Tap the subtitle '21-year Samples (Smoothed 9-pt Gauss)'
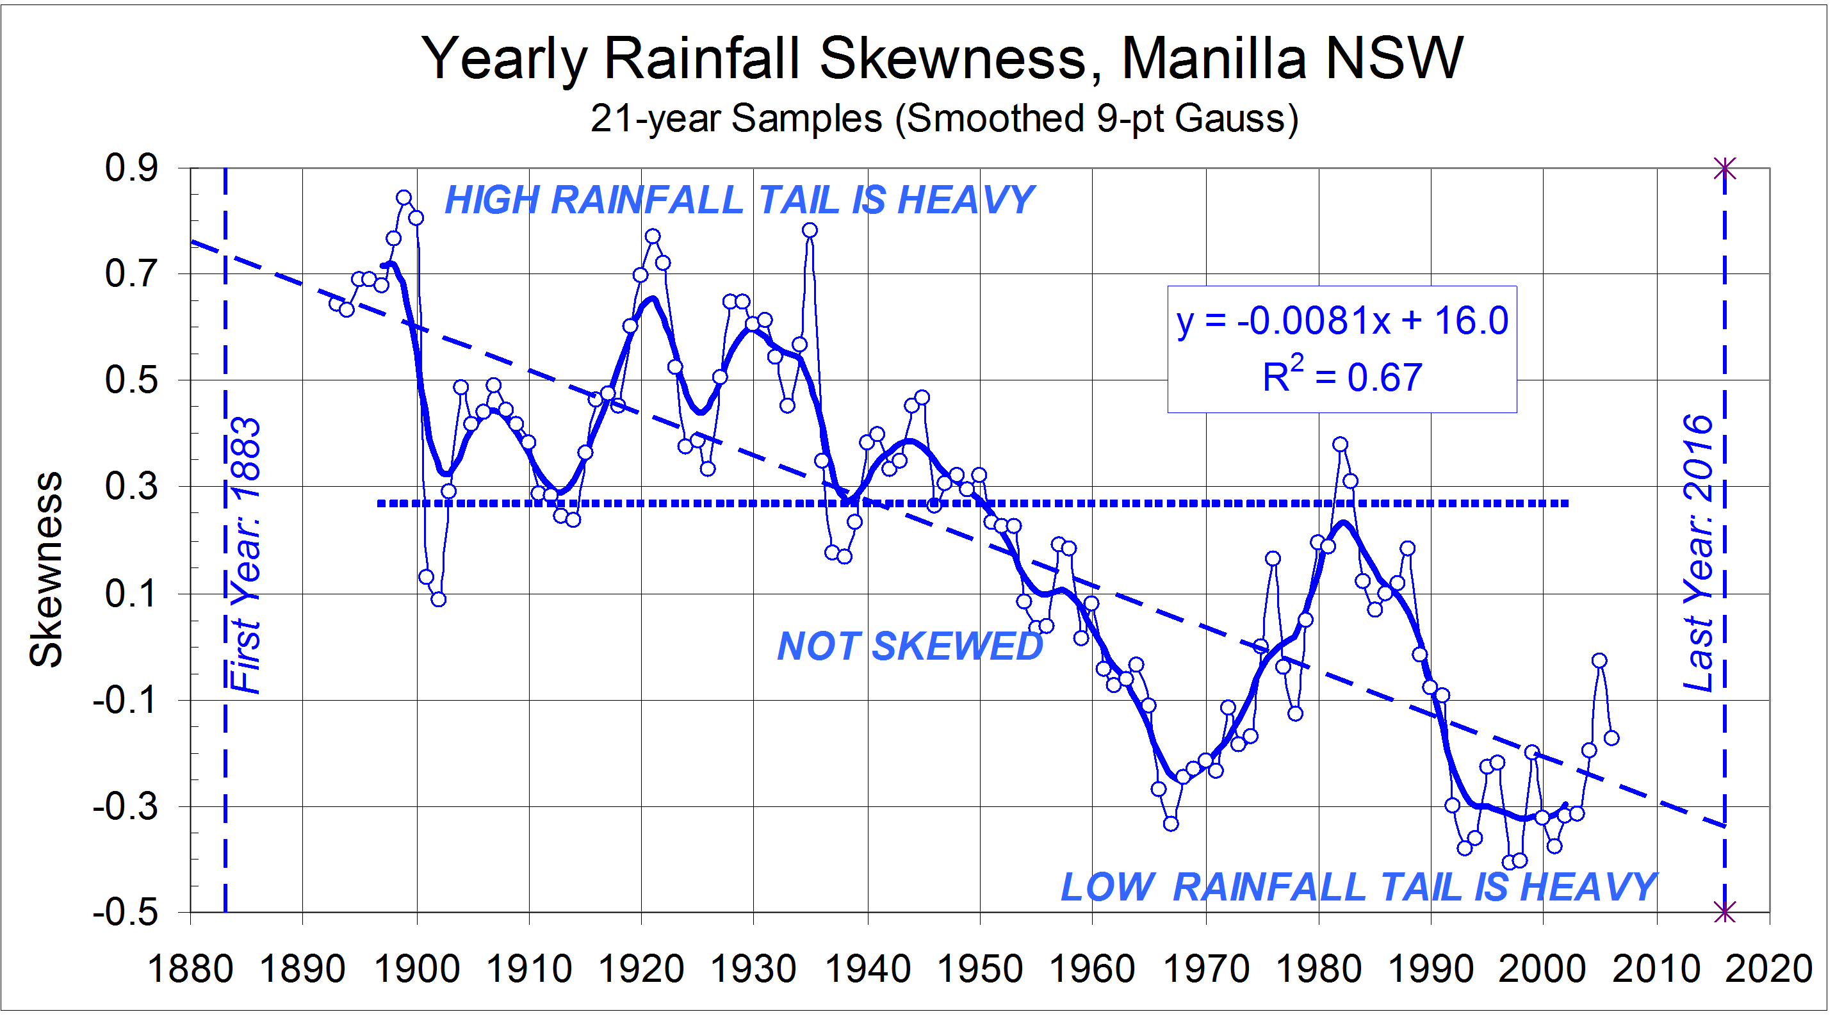pyautogui.click(x=944, y=118)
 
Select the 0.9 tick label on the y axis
pyautogui.click(x=132, y=168)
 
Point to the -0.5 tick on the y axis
pyautogui.click(x=126, y=912)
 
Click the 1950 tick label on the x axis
pyautogui.click(x=979, y=969)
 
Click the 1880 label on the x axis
pyautogui.click(x=190, y=969)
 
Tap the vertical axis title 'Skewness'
pyautogui.click(x=46, y=569)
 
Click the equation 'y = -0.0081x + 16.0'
pyautogui.click(x=1342, y=320)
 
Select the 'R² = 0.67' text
pyautogui.click(x=1342, y=377)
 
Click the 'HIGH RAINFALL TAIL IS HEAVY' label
pyautogui.click(x=738, y=200)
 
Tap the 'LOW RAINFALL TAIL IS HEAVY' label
pyautogui.click(x=1358, y=887)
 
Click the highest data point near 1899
pyautogui.click(x=404, y=197)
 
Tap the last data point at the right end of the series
pyautogui.click(x=1611, y=738)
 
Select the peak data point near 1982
pyautogui.click(x=1340, y=444)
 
